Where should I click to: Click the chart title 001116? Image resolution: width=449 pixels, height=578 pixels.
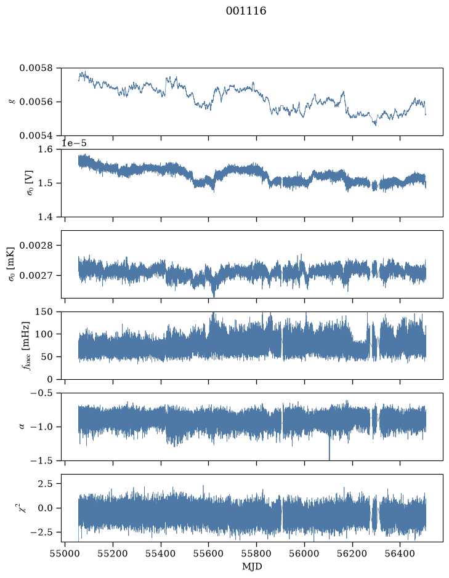(x=246, y=11)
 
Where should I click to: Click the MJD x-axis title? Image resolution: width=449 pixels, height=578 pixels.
(x=252, y=566)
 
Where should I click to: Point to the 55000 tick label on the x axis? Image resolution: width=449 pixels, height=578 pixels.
(x=65, y=554)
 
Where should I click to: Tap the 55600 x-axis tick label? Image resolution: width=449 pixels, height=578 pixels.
(x=209, y=554)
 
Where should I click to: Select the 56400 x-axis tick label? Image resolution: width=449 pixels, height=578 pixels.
(x=400, y=554)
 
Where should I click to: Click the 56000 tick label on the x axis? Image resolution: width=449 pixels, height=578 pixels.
(x=305, y=554)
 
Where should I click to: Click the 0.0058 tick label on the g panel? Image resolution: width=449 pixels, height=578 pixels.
(x=36, y=68)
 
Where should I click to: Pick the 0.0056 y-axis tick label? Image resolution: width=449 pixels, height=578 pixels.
(x=36, y=102)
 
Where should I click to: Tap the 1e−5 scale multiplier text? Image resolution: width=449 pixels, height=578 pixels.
(x=74, y=143)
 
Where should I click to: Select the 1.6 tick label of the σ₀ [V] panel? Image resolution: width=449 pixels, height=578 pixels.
(x=46, y=150)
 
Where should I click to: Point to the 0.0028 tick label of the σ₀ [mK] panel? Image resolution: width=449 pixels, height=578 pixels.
(x=36, y=246)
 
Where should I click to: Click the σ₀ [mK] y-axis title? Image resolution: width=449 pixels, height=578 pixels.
(x=12, y=264)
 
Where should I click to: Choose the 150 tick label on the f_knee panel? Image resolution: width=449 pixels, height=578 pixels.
(x=44, y=312)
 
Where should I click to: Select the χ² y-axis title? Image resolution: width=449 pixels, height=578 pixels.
(x=23, y=508)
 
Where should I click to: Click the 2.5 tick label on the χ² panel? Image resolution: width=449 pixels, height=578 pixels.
(x=46, y=484)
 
